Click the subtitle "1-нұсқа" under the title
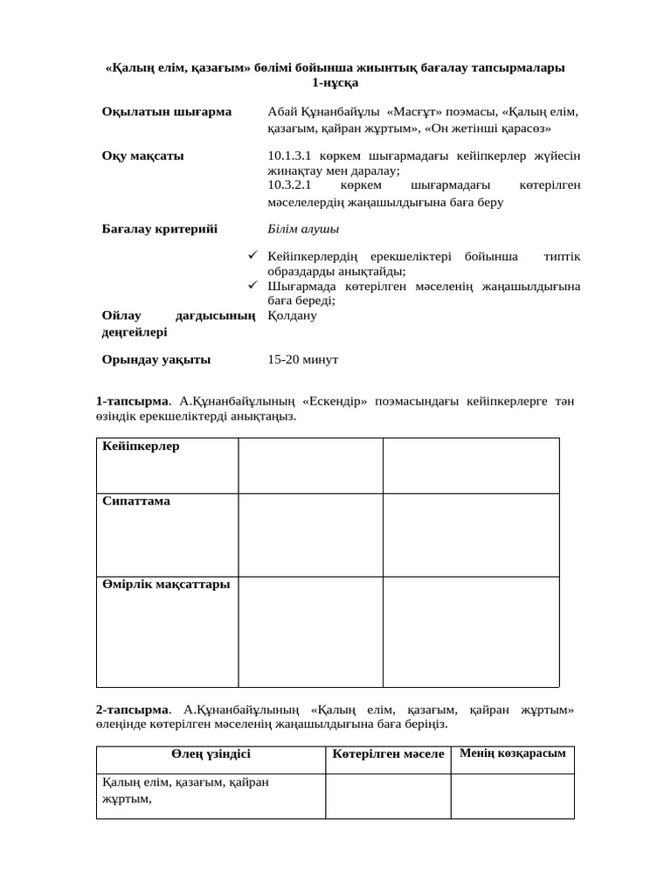click(x=335, y=82)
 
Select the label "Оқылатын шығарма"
click(x=167, y=112)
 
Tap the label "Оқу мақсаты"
click(x=143, y=156)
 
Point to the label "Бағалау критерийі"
click(x=160, y=229)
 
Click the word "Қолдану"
click(x=293, y=315)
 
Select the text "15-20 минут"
click(x=303, y=359)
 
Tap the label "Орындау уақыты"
click(x=156, y=359)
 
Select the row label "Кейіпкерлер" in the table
click(x=141, y=447)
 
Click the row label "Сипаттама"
click(x=136, y=502)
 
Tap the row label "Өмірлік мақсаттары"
click(x=166, y=584)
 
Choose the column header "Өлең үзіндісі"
click(x=211, y=753)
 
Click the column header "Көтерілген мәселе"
click(x=388, y=753)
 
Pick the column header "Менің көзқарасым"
click(x=512, y=753)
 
